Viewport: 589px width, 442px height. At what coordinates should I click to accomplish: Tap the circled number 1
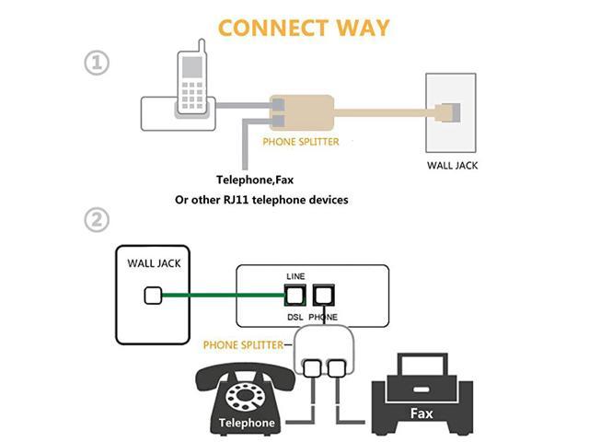(x=97, y=63)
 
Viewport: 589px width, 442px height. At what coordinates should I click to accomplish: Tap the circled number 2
(x=97, y=220)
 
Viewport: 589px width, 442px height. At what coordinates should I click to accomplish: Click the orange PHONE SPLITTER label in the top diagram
(x=301, y=143)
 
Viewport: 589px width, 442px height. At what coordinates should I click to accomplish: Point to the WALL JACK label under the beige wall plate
(x=452, y=166)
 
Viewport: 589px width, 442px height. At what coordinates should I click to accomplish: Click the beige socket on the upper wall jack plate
(x=452, y=111)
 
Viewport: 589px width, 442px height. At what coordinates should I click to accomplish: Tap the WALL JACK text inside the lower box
(x=154, y=263)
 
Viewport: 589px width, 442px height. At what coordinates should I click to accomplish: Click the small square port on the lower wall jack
(x=155, y=297)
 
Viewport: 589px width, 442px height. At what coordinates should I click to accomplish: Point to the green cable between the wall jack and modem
(x=221, y=297)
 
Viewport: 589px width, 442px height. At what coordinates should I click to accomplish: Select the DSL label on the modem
(x=294, y=317)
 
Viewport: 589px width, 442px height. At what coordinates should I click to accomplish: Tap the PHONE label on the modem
(x=324, y=317)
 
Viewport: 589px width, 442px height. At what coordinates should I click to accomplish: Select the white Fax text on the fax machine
(x=421, y=413)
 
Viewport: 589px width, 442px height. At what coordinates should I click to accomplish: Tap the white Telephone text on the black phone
(x=247, y=424)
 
